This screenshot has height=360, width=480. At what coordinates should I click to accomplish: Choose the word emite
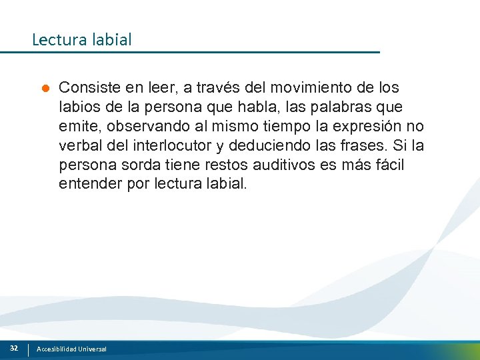pos(77,126)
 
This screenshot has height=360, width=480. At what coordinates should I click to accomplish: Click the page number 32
pos(13,348)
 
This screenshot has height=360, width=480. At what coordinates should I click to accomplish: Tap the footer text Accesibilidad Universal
pos(71,349)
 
